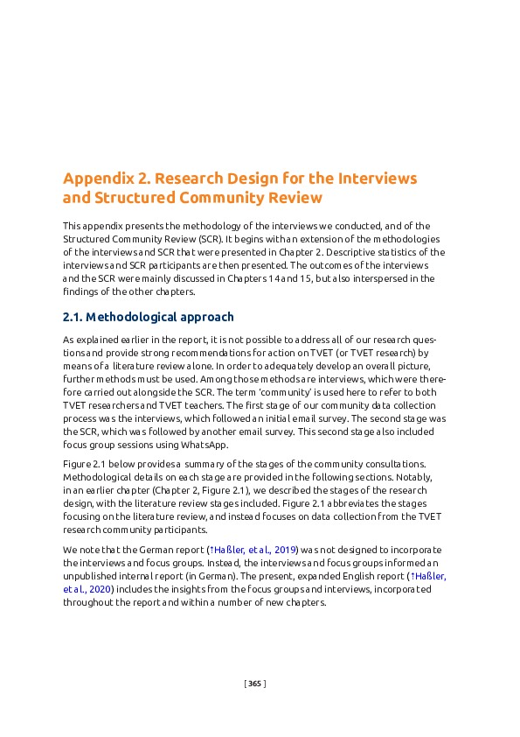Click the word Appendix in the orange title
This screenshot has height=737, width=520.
[98, 179]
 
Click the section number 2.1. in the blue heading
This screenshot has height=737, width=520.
[73, 317]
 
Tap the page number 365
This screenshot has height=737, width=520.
[254, 683]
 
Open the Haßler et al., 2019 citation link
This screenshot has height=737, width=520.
[253, 549]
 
